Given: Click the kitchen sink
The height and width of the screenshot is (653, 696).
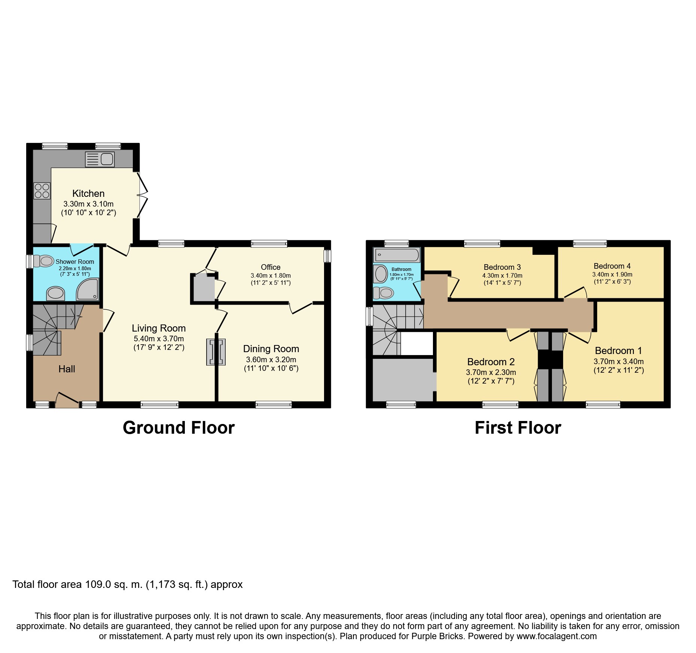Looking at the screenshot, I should click(100, 159).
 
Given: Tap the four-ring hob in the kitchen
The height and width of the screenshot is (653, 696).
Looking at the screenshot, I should click(42, 191).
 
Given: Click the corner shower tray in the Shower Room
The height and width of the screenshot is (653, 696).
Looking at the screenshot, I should click(88, 289).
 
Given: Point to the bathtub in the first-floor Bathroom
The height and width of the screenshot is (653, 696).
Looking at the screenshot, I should click(397, 255).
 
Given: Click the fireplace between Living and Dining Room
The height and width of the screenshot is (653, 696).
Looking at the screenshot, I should click(216, 352).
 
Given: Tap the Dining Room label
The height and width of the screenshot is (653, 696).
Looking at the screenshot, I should click(271, 349).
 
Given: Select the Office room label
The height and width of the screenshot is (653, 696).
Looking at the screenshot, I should click(271, 267).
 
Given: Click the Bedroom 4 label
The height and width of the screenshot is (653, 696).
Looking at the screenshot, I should click(612, 266).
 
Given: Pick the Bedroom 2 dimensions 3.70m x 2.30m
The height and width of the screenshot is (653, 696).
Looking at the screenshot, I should click(491, 372).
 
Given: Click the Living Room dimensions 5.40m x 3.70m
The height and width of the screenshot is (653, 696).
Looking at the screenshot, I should click(159, 339).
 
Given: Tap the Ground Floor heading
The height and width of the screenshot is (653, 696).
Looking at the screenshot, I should click(178, 428).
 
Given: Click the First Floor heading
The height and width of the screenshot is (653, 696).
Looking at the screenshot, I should click(518, 428).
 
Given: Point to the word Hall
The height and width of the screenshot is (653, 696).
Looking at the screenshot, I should click(67, 369).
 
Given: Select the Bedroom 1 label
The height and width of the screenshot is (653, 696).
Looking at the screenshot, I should click(618, 351).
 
